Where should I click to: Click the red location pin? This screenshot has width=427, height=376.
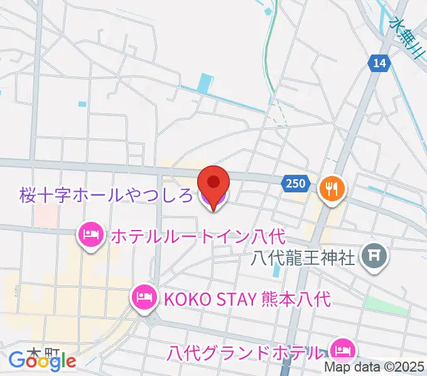point(213,183)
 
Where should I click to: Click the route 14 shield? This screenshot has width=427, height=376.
point(379,63)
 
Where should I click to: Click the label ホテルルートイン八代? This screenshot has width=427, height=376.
point(198,237)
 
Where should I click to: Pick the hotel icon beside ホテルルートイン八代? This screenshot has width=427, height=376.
point(90,236)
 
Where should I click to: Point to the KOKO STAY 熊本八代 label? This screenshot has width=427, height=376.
point(246,298)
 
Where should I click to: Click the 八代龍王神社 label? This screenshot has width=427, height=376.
point(303,256)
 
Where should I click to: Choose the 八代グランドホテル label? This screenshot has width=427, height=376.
point(246,352)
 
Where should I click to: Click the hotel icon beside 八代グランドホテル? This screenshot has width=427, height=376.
point(342,348)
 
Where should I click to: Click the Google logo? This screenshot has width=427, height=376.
point(42,361)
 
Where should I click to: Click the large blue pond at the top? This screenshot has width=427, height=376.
point(205,83)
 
